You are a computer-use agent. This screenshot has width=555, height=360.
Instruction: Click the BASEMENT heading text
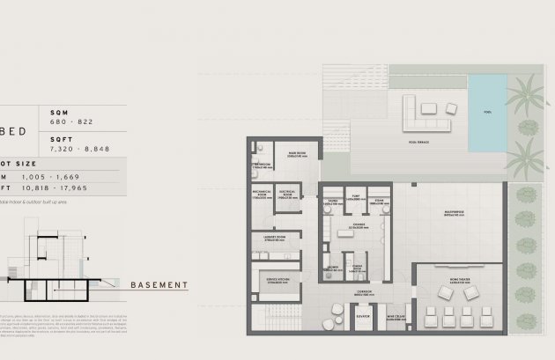click(159, 285)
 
